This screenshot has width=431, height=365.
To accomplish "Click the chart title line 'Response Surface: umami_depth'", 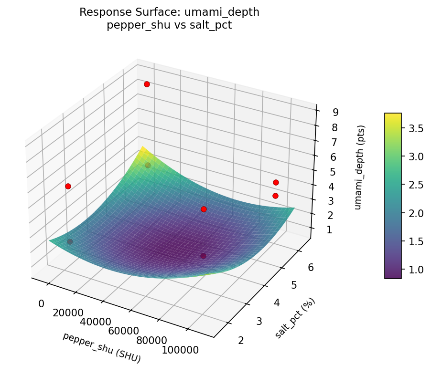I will tap(169, 12).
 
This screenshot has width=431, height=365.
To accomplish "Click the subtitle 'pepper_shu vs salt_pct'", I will tap(169, 25).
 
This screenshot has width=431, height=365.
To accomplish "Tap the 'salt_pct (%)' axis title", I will tap(295, 318).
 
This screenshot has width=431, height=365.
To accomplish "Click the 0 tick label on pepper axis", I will tap(41, 303).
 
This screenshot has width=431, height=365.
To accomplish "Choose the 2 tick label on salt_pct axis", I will tap(240, 340).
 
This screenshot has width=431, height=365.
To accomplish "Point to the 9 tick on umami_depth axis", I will tap(335, 113).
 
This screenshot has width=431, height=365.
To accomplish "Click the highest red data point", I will tap(147, 84).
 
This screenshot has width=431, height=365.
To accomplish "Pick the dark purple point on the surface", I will tap(203, 256).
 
